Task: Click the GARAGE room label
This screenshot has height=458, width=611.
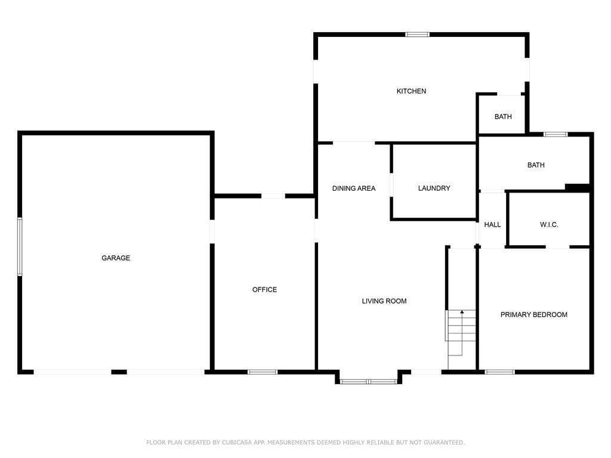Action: click(x=116, y=258)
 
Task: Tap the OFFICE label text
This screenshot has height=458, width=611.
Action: click(x=264, y=289)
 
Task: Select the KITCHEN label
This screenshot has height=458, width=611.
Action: click(x=411, y=91)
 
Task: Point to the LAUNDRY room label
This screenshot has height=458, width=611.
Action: click(x=434, y=188)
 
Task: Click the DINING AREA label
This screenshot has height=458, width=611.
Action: click(x=354, y=188)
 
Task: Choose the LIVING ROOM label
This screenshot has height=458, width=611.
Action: click(x=384, y=301)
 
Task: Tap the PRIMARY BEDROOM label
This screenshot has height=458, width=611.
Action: click(x=534, y=315)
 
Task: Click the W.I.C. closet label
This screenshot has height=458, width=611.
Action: click(x=549, y=225)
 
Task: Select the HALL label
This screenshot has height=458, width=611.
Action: click(x=492, y=225)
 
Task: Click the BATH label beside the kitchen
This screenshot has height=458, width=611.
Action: click(x=503, y=116)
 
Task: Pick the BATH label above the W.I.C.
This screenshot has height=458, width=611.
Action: click(x=536, y=165)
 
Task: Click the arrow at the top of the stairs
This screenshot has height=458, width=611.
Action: click(x=462, y=312)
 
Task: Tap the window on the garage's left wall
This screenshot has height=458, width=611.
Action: click(x=20, y=247)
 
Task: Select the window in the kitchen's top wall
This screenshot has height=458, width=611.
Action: click(x=417, y=35)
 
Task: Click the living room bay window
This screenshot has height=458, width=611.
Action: click(x=369, y=381)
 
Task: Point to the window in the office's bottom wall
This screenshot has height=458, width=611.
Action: click(x=263, y=372)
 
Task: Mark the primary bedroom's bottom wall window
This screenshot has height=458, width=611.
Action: click(x=499, y=372)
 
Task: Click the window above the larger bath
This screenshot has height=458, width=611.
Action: click(x=556, y=134)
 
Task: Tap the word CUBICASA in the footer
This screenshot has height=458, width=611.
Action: click(x=237, y=442)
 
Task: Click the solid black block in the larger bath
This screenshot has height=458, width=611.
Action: click(x=577, y=188)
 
